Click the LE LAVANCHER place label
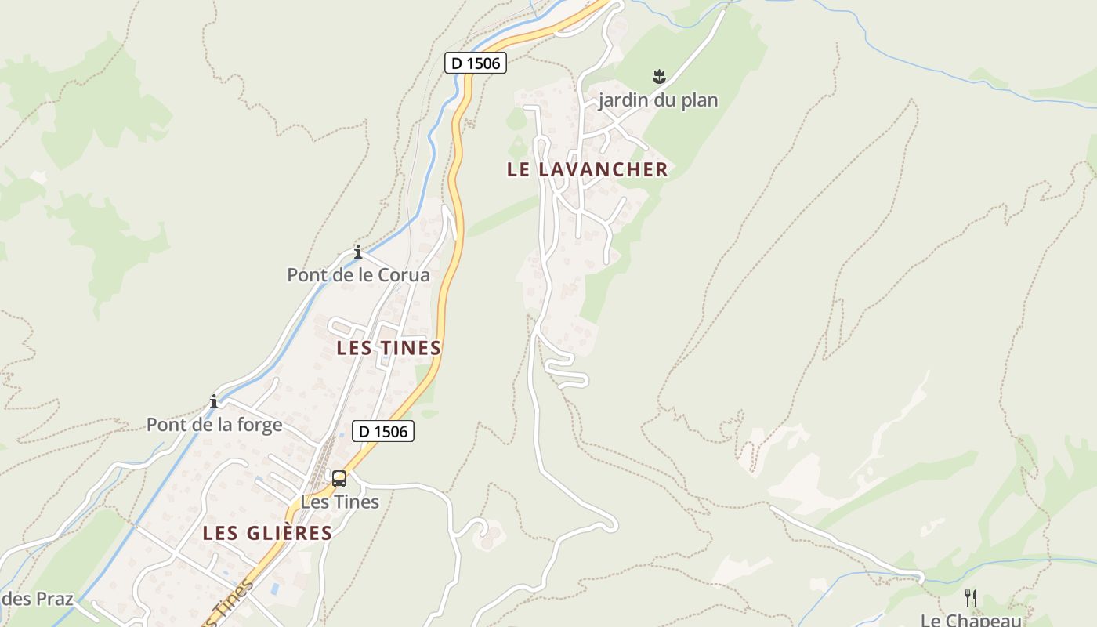tap(587, 169)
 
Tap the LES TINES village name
tap(389, 348)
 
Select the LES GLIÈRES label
tap(267, 534)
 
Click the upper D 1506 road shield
tap(476, 63)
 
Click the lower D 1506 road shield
tap(383, 431)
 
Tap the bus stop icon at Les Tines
tap(339, 478)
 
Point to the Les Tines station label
tap(340, 502)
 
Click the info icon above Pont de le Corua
tap(358, 252)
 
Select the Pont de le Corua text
tap(358, 275)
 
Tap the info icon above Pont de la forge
tap(214, 402)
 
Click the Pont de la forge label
tap(214, 425)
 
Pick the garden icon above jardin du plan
tap(658, 77)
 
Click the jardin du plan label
tap(658, 100)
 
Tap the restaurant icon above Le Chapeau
tap(971, 597)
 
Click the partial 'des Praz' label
tap(37, 600)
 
